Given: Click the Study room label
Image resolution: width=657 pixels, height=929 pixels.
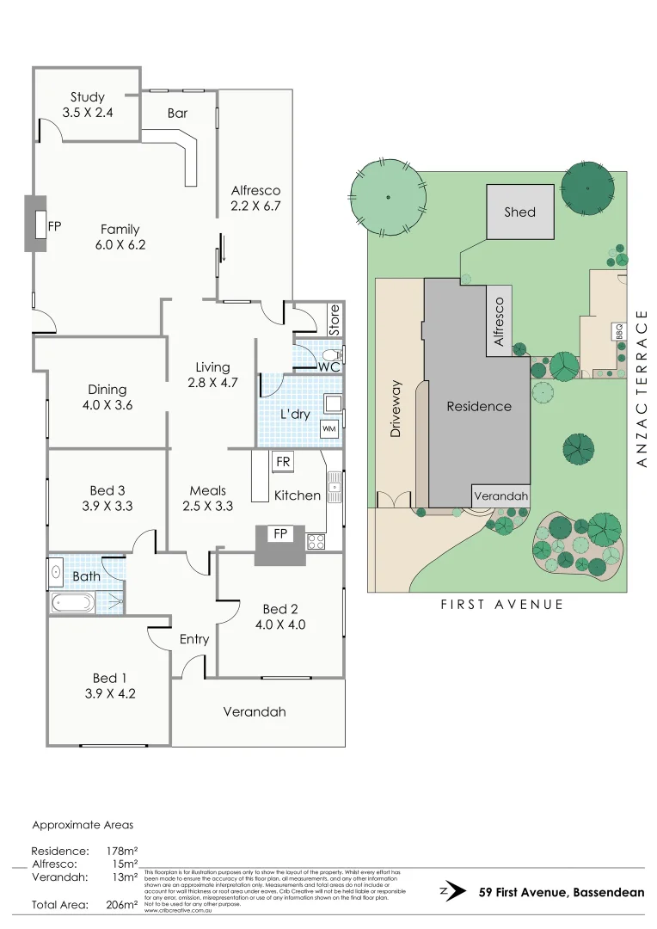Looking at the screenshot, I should [x=87, y=104].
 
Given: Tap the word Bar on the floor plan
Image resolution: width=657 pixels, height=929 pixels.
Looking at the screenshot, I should [x=178, y=113].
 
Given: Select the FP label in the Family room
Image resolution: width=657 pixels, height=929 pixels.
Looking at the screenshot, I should [x=55, y=226].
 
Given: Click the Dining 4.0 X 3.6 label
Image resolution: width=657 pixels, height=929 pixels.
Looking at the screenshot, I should [x=107, y=397].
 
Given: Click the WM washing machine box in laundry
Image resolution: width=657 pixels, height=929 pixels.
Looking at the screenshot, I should [x=328, y=428].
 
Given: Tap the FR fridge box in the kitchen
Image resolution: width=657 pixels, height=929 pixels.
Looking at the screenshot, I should [x=282, y=462].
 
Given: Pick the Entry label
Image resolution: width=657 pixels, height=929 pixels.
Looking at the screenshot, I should [x=194, y=639].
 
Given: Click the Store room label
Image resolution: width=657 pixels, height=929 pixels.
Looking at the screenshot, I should [x=335, y=319].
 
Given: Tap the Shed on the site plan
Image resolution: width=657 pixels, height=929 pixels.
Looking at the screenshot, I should [x=520, y=212].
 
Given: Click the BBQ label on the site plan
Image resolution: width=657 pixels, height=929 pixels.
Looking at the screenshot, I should [x=618, y=331].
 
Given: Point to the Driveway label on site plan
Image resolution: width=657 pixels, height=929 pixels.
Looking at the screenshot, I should [x=396, y=409].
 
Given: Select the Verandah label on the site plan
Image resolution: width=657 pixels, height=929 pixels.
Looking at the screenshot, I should [x=500, y=496].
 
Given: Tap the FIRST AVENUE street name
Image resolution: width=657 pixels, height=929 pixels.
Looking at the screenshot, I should [x=502, y=605].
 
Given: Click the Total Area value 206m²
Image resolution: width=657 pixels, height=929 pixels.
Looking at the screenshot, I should [x=121, y=904].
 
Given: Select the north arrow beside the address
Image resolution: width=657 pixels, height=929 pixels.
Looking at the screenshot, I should [x=445, y=892].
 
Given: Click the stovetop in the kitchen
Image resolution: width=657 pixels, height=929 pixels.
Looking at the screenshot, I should [x=316, y=541].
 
